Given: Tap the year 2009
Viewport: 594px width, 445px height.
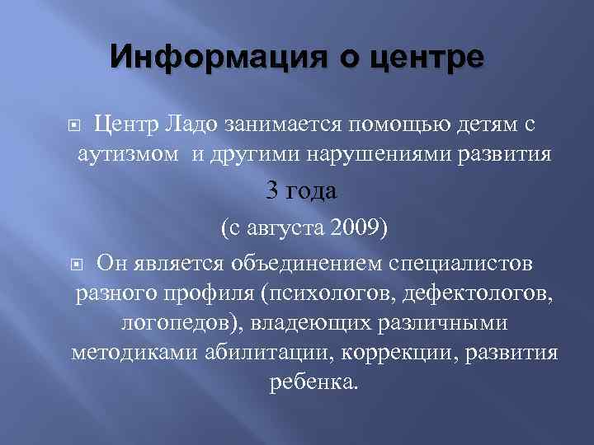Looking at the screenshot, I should click(x=356, y=228).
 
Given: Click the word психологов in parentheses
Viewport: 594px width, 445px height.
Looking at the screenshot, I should click(x=320, y=293).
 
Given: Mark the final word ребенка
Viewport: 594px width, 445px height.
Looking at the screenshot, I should click(x=314, y=382).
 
